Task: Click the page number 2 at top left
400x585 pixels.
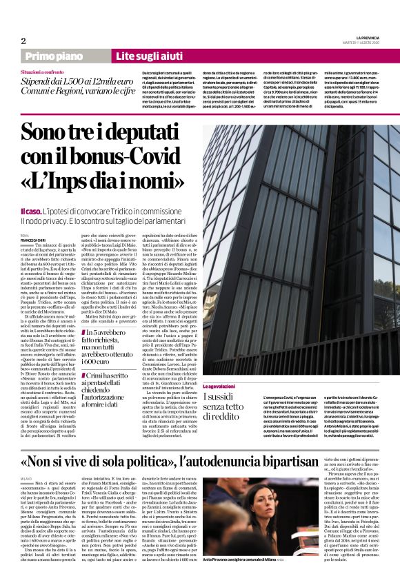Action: click(23, 40)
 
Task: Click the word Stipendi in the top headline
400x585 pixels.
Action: click(40, 81)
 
